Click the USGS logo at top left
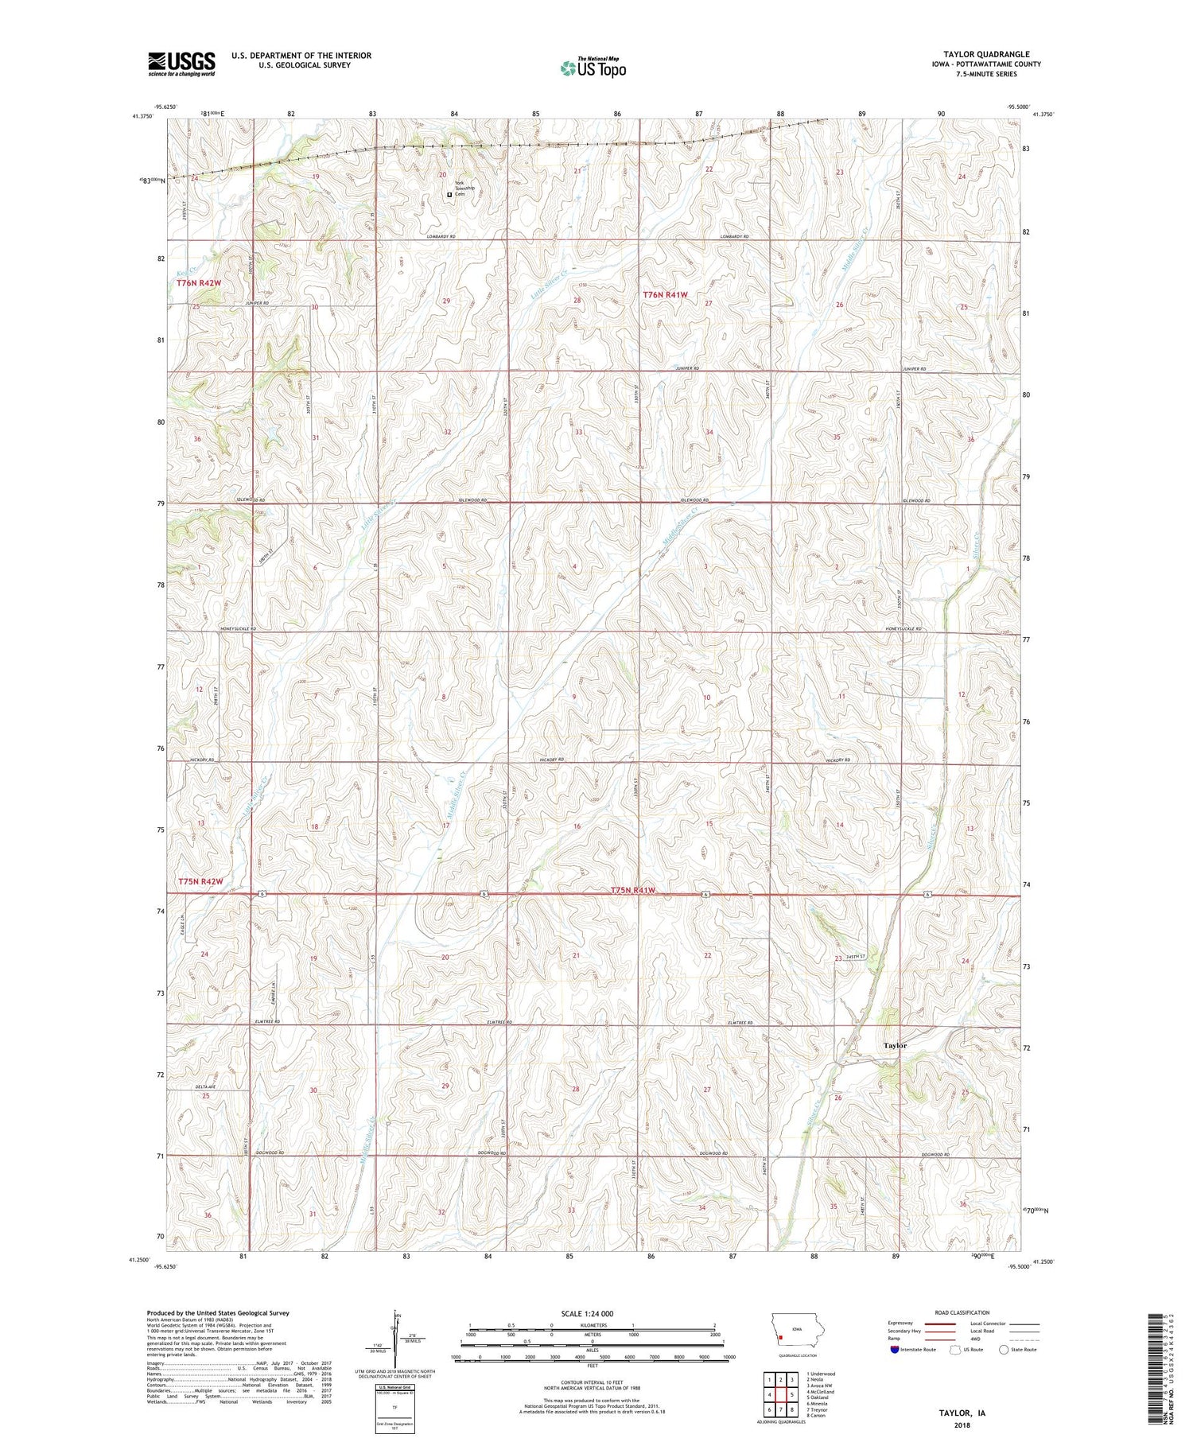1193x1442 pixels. (x=181, y=64)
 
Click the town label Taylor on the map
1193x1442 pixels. (x=895, y=1045)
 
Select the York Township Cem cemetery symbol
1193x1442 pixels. (x=449, y=194)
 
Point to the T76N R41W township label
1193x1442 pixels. (x=665, y=294)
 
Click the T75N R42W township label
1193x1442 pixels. (x=200, y=881)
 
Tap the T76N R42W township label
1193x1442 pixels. (x=198, y=282)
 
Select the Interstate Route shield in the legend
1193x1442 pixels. (x=894, y=1350)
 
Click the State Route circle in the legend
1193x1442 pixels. (x=1005, y=1350)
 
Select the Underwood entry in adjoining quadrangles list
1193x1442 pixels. (x=821, y=1374)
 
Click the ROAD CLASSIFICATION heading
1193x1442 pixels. (x=962, y=1312)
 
